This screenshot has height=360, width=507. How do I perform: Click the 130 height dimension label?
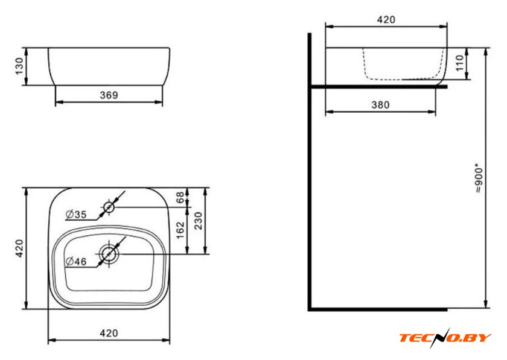tap(20, 66)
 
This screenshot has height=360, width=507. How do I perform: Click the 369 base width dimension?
tap(109, 95)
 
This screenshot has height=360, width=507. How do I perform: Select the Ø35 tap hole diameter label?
tap(76, 214)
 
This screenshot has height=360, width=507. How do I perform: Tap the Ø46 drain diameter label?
tap(76, 261)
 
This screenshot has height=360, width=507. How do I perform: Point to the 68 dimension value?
tap(180, 197)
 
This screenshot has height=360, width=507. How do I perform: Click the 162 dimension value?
tap(180, 230)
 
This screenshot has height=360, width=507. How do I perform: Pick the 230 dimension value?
tap(198, 221)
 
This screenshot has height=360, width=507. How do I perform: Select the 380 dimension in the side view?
tap(381, 105)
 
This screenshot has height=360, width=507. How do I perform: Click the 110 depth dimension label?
tap(459, 63)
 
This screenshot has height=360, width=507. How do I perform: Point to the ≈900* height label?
tap(479, 180)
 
